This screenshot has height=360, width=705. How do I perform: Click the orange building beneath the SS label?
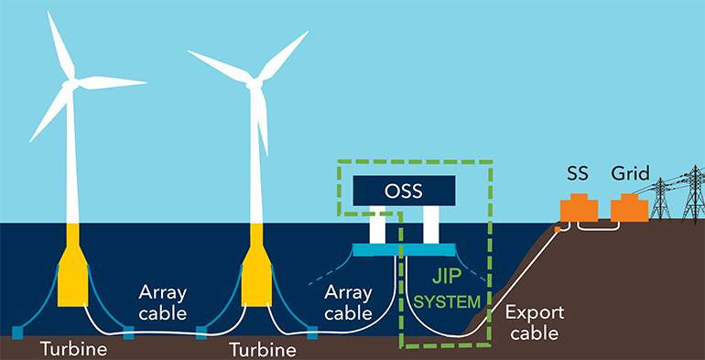579,208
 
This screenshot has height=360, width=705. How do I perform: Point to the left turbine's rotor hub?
70,83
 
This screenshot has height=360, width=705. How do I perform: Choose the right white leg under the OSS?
431,226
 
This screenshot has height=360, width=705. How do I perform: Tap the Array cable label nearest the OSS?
351,302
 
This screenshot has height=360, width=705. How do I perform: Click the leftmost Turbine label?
72,349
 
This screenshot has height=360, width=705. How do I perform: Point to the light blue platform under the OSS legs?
404,250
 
